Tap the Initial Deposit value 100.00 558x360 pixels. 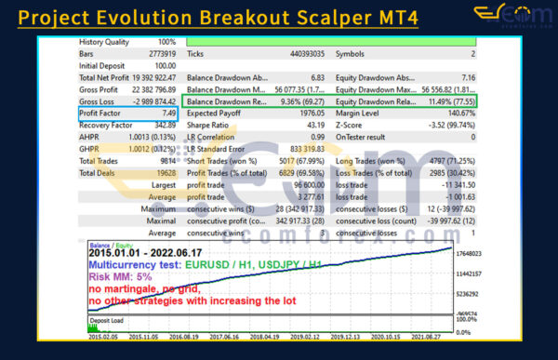[x=163, y=65]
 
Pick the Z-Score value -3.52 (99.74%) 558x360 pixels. [x=451, y=125]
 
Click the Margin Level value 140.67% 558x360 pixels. [x=458, y=113]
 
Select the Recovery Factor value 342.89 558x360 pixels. [x=162, y=125]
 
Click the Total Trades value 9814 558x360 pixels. [x=165, y=160]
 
